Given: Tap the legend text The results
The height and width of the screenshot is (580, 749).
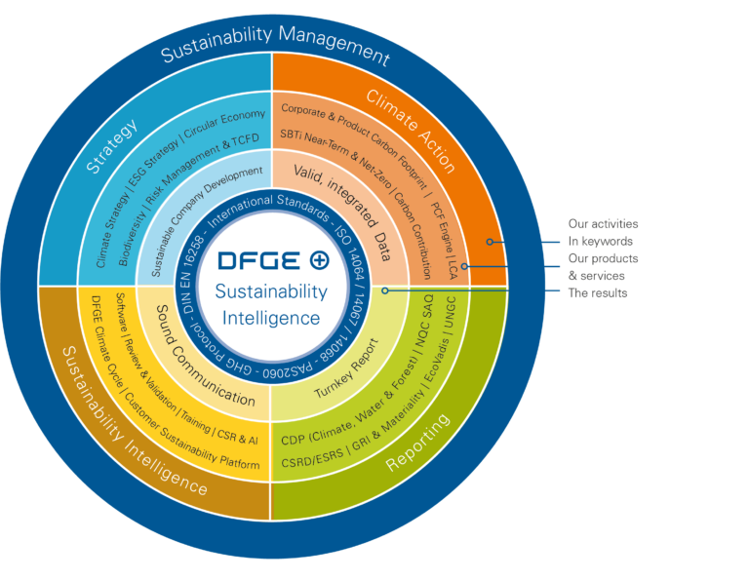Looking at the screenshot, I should point(598,292).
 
